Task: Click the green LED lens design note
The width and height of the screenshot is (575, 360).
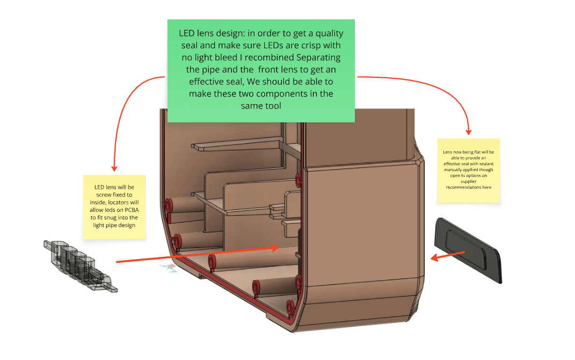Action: click(261, 70)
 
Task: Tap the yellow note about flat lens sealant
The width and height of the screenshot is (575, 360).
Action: click(468, 170)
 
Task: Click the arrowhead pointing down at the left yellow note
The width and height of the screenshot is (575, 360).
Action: click(113, 168)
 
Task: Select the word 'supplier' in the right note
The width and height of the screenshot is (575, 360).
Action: click(468, 181)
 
